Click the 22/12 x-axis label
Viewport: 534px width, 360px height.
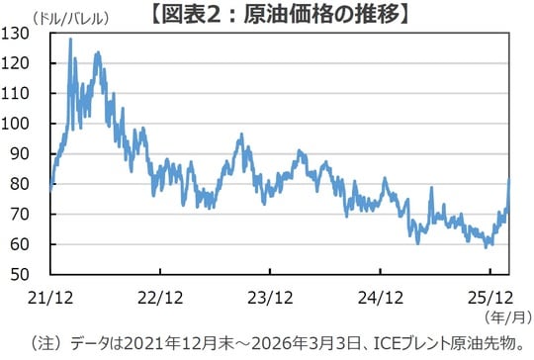(x=161, y=295)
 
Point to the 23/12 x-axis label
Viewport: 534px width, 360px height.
(x=271, y=295)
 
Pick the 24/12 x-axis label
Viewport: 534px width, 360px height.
(x=381, y=295)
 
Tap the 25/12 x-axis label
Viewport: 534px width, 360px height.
(x=490, y=295)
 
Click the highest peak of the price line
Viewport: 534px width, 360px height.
(x=70, y=40)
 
